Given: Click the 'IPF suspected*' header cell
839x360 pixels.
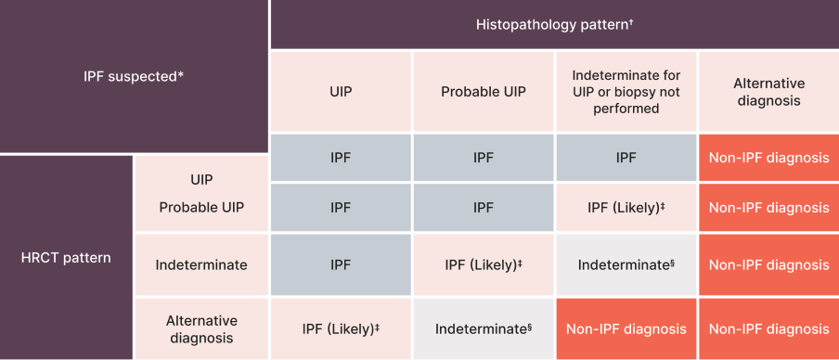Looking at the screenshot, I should point(134,76).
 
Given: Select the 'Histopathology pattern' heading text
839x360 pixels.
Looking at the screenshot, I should point(555,24).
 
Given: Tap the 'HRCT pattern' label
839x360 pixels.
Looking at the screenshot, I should point(65,257).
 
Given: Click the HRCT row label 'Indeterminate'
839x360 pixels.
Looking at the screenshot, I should point(201,264).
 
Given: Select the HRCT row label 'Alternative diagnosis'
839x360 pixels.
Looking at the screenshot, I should point(201,328).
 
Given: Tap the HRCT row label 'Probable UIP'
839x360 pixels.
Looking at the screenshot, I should point(201,207).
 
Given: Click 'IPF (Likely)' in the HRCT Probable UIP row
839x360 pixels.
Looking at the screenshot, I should point(626,208).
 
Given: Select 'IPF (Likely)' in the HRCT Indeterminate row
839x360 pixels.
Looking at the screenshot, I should point(484,264).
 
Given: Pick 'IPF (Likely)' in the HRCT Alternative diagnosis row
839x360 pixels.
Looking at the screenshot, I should point(341,328).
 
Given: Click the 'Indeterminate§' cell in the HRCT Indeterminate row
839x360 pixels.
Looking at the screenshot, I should point(626,264).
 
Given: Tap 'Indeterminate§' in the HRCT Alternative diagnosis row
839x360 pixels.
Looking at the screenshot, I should point(484,328).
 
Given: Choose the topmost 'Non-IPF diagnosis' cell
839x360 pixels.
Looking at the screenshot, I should point(768,158).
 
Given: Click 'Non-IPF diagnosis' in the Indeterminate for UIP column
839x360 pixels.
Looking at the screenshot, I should point(626,328).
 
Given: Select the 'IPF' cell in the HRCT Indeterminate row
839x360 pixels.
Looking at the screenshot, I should point(341,264).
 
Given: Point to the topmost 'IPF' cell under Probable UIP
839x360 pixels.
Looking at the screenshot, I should point(484,158).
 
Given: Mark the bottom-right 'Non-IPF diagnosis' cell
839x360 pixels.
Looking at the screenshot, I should point(768,328).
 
